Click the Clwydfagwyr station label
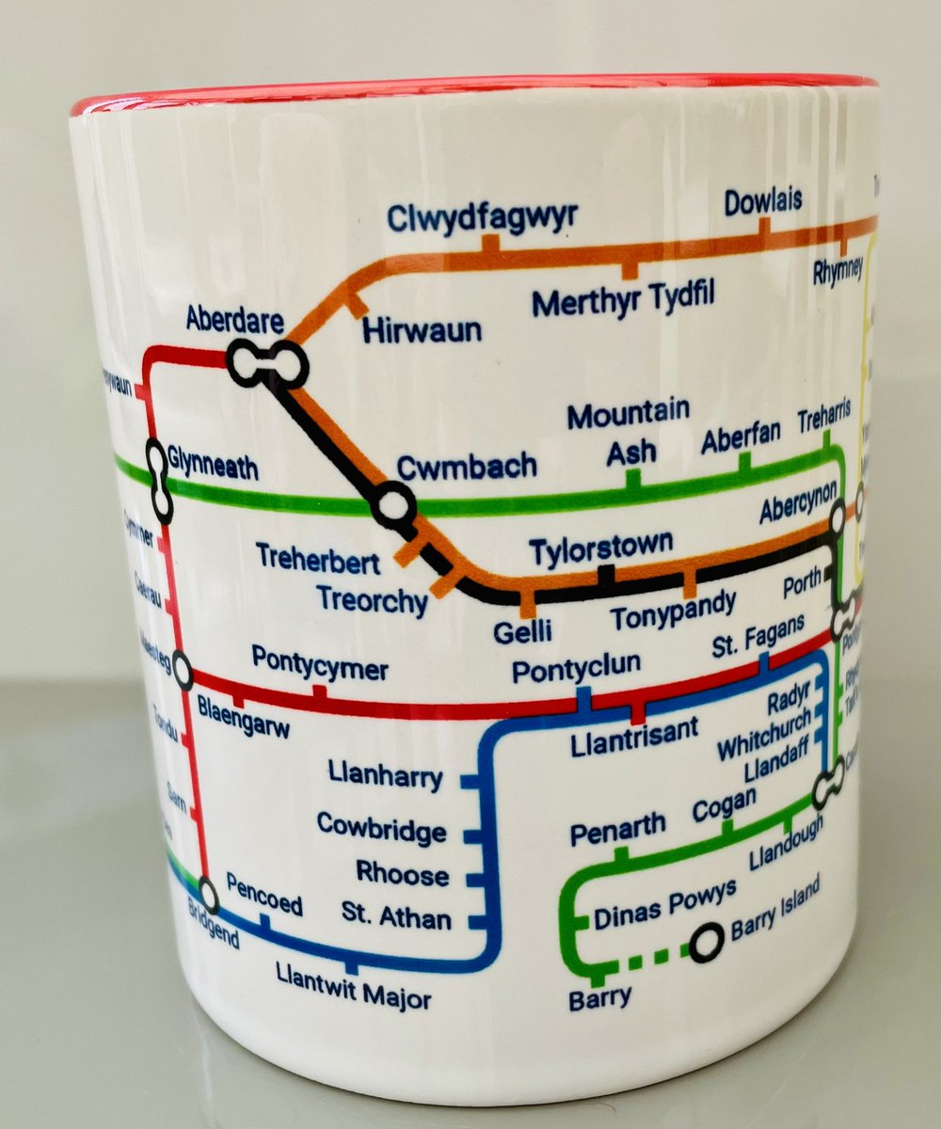click(482, 217)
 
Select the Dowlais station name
click(763, 201)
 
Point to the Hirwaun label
click(423, 330)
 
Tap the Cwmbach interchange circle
click(392, 505)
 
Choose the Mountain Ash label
click(630, 433)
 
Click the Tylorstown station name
click(601, 546)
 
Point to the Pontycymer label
click(320, 669)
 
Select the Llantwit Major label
click(353, 989)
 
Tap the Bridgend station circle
click(209, 896)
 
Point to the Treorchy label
click(372, 599)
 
